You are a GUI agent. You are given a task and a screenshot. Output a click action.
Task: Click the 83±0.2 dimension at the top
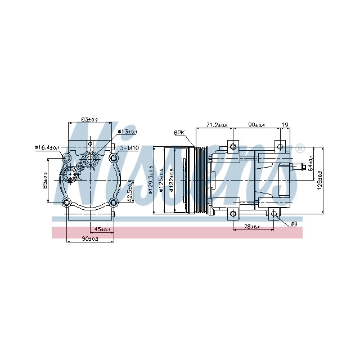point(89,119)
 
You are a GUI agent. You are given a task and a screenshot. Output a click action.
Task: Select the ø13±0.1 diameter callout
point(128,132)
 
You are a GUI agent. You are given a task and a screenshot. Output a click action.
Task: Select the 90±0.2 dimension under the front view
point(90,239)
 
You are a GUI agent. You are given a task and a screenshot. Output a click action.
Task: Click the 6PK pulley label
point(179,133)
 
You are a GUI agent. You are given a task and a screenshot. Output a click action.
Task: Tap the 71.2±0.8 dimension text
point(217,124)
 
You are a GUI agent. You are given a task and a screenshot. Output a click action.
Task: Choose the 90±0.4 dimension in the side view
point(259,124)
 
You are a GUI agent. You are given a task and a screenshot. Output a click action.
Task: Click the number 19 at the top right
point(285,124)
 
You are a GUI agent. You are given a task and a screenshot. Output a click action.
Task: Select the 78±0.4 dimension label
point(251,227)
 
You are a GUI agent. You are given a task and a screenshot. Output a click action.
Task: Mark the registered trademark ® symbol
point(300,149)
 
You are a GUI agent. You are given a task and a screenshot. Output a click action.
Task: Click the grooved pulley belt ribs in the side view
point(198,180)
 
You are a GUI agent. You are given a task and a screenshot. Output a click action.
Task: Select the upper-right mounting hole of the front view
point(114,157)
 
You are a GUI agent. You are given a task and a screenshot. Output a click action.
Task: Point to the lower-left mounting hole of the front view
point(67,203)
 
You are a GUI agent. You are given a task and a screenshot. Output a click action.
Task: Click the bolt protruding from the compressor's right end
point(305,167)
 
